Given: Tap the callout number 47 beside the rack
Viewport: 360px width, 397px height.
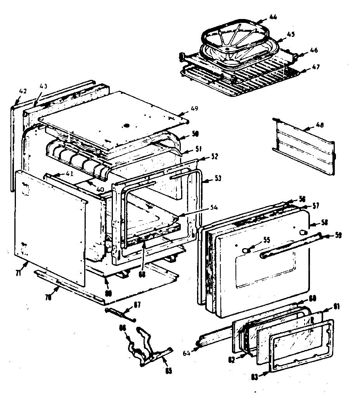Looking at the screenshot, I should [316, 67].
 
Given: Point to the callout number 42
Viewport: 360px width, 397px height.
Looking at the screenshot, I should [23, 91].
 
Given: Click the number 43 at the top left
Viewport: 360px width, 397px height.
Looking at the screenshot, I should [43, 86].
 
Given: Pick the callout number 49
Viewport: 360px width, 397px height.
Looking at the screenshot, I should [194, 108].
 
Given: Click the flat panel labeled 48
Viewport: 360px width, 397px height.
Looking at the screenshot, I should [305, 147].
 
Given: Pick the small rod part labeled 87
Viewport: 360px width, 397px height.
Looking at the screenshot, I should [120, 313].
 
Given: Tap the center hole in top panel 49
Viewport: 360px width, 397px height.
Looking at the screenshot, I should [126, 126].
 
